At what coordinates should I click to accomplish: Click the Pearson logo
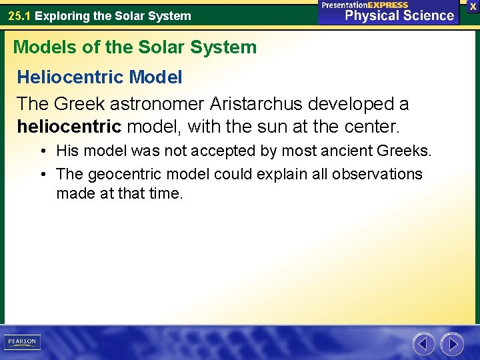(x=22, y=342)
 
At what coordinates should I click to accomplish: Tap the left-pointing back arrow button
(x=423, y=343)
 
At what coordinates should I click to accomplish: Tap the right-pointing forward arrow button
(x=452, y=343)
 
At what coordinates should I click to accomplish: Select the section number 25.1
(x=19, y=15)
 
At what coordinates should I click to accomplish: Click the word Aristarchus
(x=247, y=104)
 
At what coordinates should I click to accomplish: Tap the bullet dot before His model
(x=43, y=151)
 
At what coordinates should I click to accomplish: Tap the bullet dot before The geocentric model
(x=43, y=175)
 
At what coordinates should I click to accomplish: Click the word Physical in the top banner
(x=372, y=15)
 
